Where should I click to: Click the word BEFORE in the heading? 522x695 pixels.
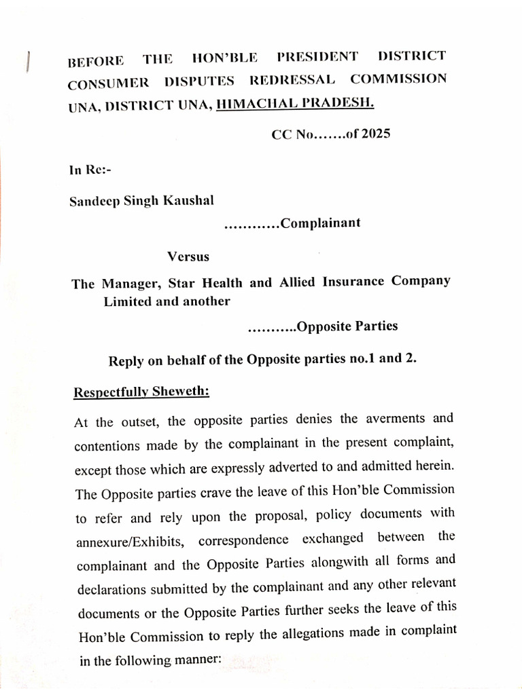[x=96, y=61]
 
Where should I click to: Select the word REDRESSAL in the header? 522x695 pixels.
[x=292, y=79]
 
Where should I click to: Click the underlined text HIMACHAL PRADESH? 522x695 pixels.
[x=294, y=102]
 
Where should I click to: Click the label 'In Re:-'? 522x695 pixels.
[x=90, y=170]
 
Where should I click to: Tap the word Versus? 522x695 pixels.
[x=188, y=257]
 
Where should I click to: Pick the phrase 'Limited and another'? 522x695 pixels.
[x=167, y=301]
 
